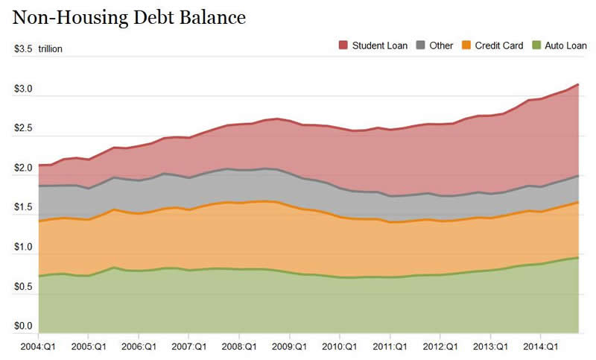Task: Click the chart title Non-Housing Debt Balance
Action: coord(129,16)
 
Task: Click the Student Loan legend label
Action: coord(380,45)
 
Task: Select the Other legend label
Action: coord(441,45)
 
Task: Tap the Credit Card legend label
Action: coord(500,45)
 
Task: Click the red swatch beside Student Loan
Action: coord(343,45)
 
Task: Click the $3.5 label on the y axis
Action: coord(23,49)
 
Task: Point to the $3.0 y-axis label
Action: coord(23,89)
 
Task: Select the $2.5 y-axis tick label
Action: coord(23,128)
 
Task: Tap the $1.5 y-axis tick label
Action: coord(23,207)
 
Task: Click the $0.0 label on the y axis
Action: coord(23,326)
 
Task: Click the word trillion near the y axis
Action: coord(51,49)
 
